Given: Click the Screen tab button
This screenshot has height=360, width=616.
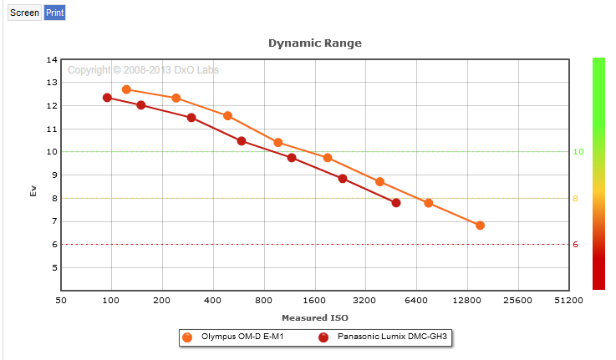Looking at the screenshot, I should point(24,13).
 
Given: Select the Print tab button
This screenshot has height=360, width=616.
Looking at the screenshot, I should point(54,13).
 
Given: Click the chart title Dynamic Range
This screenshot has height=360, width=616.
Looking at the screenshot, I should point(314,43).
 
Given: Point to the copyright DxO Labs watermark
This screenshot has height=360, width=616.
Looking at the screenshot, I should point(143,70).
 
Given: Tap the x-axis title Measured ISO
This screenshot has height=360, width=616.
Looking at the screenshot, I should point(314,318).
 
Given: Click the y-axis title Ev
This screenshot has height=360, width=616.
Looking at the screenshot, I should point(33,190).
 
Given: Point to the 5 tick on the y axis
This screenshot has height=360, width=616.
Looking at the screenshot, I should point(54,268).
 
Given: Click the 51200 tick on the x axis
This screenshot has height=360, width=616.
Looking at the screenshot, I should point(568,301).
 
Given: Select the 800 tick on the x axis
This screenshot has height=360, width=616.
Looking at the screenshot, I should point(264,301).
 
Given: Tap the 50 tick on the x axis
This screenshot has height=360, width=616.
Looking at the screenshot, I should point(61,301).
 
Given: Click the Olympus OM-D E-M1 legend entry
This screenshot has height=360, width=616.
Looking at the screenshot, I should point(230,337).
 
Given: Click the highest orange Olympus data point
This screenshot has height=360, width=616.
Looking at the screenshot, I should point(126,89).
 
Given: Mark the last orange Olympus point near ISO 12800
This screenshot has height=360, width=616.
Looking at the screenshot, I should point(480,226).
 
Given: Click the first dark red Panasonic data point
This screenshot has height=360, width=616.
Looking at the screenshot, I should point(107,98).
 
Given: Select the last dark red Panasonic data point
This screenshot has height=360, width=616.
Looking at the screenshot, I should point(396,203).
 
